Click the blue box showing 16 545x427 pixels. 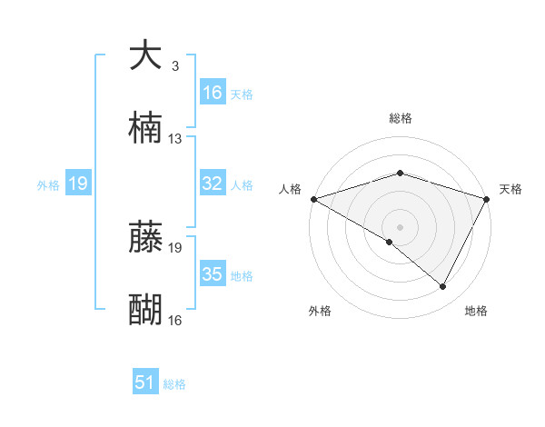[213, 93]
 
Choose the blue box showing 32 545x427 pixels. [213, 184]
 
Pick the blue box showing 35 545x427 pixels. [213, 274]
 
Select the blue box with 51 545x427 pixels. [145, 383]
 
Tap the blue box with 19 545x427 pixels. [78, 184]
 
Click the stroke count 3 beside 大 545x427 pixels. [174, 66]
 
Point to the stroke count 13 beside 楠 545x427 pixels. [175, 139]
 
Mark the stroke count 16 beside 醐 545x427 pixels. [175, 321]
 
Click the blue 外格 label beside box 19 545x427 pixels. [48, 185]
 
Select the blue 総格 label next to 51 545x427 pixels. [174, 384]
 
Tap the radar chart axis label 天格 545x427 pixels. [510, 189]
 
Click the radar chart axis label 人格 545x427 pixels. [290, 189]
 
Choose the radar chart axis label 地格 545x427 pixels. [476, 311]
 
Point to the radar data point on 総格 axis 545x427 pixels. [400, 173]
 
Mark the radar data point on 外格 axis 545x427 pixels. [390, 242]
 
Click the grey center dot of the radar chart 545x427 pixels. [400, 226]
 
